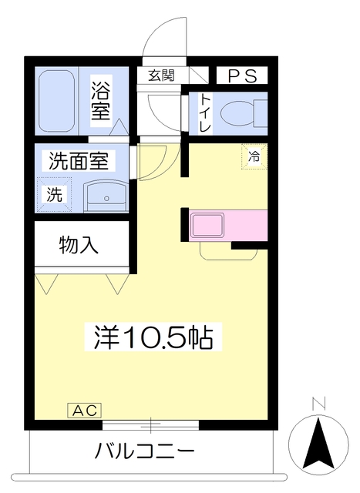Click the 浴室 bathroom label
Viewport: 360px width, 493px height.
pos(101,101)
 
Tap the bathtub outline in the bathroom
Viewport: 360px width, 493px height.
pos(56,101)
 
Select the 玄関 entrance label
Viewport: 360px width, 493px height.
pos(161,75)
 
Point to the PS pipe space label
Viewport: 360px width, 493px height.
pos(242,75)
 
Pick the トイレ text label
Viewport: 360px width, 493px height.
pos(206,113)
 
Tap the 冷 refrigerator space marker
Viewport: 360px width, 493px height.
pos(254,156)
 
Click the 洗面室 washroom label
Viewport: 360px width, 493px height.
pos(79,161)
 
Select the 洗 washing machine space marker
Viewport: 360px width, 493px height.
pos(55,194)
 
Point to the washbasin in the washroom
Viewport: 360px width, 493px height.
pos(106,196)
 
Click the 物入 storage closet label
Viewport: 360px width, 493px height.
pos(79,245)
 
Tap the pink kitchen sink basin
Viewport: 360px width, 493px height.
pos(208,225)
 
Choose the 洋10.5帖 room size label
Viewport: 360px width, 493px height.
pos(153,337)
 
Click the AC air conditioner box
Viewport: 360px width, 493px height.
pos(85,411)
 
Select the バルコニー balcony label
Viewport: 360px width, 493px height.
pos(145,452)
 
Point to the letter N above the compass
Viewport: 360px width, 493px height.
pos(318,404)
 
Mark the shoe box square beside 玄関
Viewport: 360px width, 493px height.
pos(199,75)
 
